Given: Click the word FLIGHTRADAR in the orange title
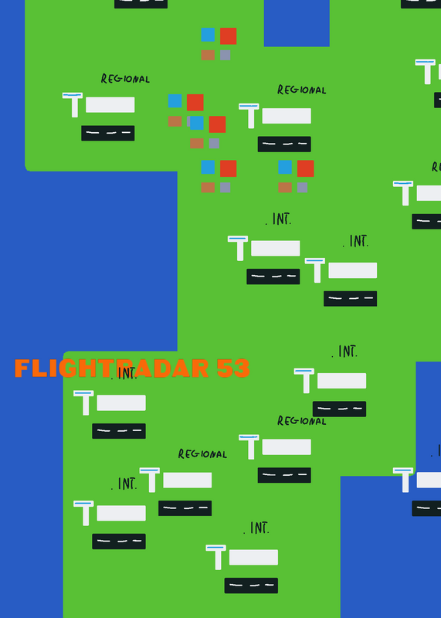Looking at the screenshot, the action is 111,368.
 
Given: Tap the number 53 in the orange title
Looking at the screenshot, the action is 233,368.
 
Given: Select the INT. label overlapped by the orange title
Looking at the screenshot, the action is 124,373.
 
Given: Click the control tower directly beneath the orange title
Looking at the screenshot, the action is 83,402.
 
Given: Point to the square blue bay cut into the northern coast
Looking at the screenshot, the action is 297,23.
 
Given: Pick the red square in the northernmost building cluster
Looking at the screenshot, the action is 228,36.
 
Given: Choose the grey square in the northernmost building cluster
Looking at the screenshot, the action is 225,55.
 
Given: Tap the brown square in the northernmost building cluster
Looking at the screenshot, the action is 208,55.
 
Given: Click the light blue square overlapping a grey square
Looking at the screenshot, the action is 197,123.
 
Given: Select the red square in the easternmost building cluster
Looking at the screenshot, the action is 305,168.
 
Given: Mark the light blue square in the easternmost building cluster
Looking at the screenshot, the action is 285,167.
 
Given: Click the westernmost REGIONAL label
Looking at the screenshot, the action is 125,79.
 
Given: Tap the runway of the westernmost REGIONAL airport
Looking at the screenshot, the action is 108,133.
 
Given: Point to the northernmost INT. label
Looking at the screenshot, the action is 279,219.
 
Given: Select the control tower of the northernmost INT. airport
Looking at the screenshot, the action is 238,248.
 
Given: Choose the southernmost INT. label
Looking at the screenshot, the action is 256,528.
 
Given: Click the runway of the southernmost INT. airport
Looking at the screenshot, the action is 251,586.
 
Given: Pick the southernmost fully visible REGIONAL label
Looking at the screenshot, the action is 202,453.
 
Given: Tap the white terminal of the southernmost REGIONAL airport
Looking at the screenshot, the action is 187,480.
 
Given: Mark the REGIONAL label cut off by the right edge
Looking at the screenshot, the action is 436,167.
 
